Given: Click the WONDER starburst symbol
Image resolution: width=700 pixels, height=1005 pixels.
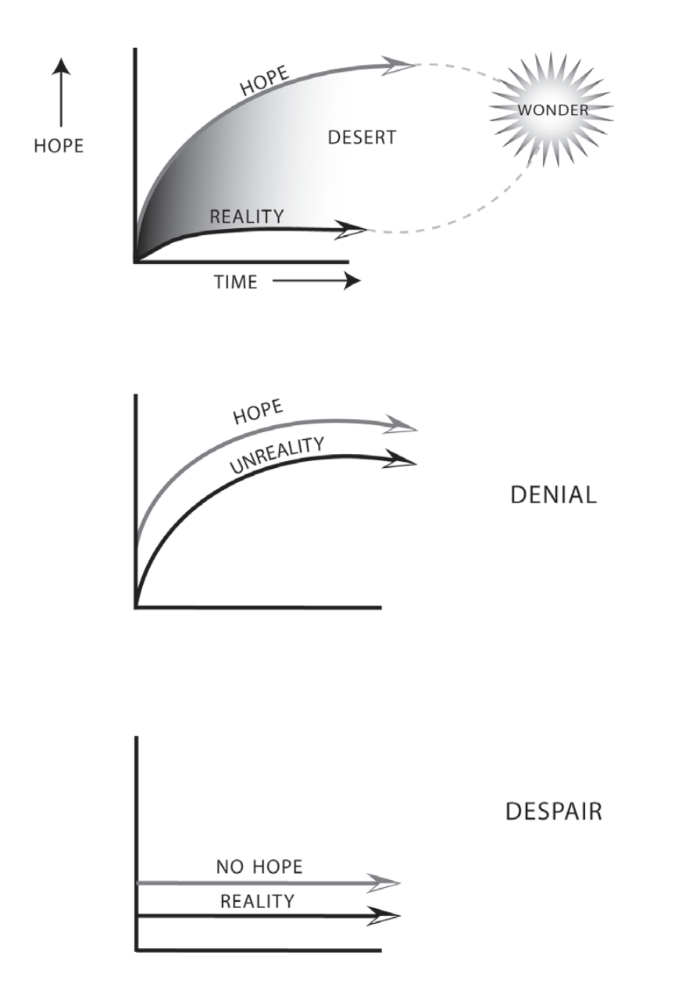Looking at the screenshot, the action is pyautogui.click(x=552, y=109).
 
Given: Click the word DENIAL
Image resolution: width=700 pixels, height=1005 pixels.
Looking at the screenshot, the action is pyautogui.click(x=553, y=495).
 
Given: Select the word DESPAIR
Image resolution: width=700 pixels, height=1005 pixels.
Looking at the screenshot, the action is pyautogui.click(x=553, y=812).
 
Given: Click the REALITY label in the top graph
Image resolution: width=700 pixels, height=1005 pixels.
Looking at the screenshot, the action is pyautogui.click(x=246, y=216).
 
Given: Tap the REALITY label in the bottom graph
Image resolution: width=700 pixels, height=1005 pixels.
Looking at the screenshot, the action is pyautogui.click(x=257, y=901).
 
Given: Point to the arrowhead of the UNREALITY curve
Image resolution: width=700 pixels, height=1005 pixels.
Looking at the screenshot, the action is pyautogui.click(x=402, y=461).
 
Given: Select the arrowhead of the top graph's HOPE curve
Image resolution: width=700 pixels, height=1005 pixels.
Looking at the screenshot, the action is pyautogui.click(x=400, y=65).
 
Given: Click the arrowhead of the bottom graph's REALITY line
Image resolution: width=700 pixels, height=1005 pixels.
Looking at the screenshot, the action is pyautogui.click(x=386, y=915).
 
